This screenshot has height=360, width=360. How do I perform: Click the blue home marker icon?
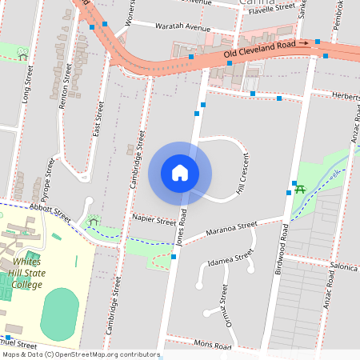180,172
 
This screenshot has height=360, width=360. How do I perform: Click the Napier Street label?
154,219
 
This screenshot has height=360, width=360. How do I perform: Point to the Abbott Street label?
50,210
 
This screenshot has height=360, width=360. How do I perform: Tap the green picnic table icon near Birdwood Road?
301,189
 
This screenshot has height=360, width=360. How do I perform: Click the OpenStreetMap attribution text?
81,354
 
